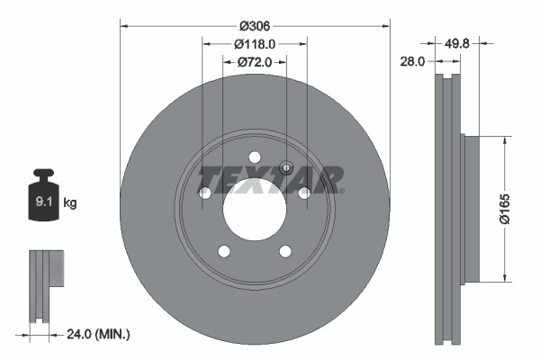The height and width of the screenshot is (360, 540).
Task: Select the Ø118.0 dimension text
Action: pos(255,43)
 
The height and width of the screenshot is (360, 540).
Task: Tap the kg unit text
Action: pos(70,203)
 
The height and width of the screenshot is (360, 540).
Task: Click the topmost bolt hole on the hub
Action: pos(255,157)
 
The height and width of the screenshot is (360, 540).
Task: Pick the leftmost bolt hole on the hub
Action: pos(205,193)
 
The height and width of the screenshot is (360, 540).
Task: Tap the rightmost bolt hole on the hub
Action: pos(304,193)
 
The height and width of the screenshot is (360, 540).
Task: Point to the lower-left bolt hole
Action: pos(224,251)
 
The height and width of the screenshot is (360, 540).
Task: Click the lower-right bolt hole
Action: pos(285,251)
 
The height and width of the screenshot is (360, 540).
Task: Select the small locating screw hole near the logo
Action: pos(287,166)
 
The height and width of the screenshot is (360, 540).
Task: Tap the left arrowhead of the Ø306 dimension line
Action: pos(124,25)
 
